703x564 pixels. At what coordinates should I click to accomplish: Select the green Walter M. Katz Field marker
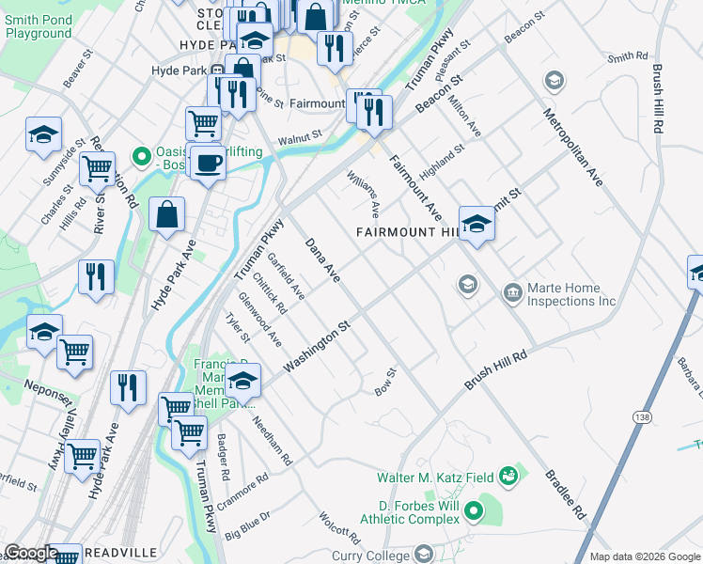(x=508, y=477)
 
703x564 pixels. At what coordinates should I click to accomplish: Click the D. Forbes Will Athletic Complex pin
(x=474, y=512)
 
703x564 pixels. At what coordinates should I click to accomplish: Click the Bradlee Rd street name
(x=566, y=493)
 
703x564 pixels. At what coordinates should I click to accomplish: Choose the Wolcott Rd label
(x=339, y=528)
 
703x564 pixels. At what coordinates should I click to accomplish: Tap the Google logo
(x=31, y=553)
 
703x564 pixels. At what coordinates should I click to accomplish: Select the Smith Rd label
(x=628, y=57)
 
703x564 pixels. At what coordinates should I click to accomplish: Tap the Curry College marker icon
(x=423, y=554)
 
